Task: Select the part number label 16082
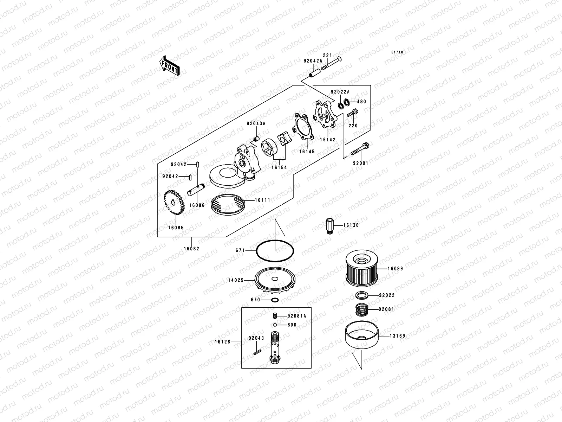pyautogui.click(x=191, y=249)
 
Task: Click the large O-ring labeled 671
pyautogui.click(x=275, y=251)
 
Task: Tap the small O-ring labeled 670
pyautogui.click(x=275, y=300)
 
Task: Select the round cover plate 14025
pyautogui.click(x=275, y=282)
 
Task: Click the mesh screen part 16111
pyautogui.click(x=227, y=204)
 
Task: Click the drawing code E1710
pyautogui.click(x=398, y=52)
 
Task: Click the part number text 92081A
pyautogui.click(x=296, y=316)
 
